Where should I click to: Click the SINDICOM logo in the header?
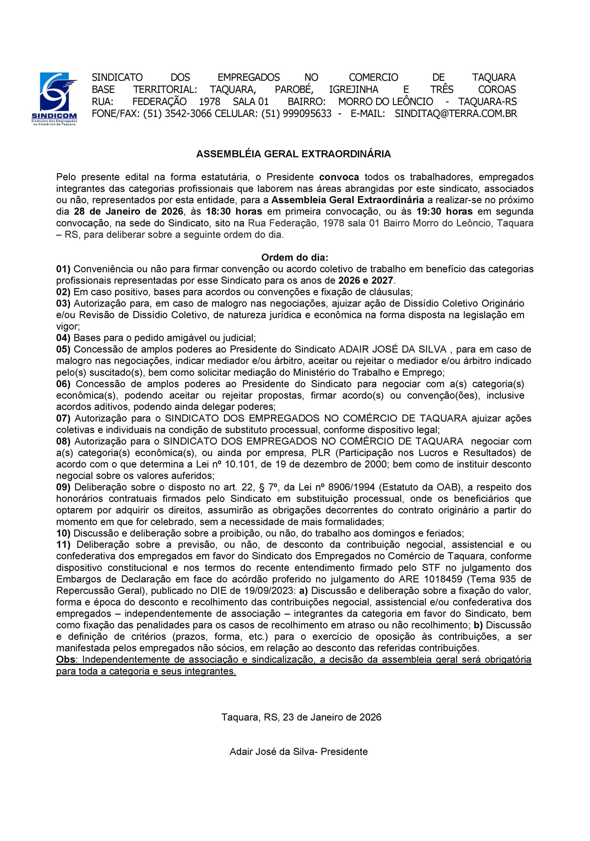pos(59,98)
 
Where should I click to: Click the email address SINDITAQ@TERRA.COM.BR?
pos(455,114)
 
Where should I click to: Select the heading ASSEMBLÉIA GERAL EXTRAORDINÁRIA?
pos(293,154)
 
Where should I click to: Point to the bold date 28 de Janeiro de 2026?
pos(128,212)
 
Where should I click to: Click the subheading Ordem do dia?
pos(295,258)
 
